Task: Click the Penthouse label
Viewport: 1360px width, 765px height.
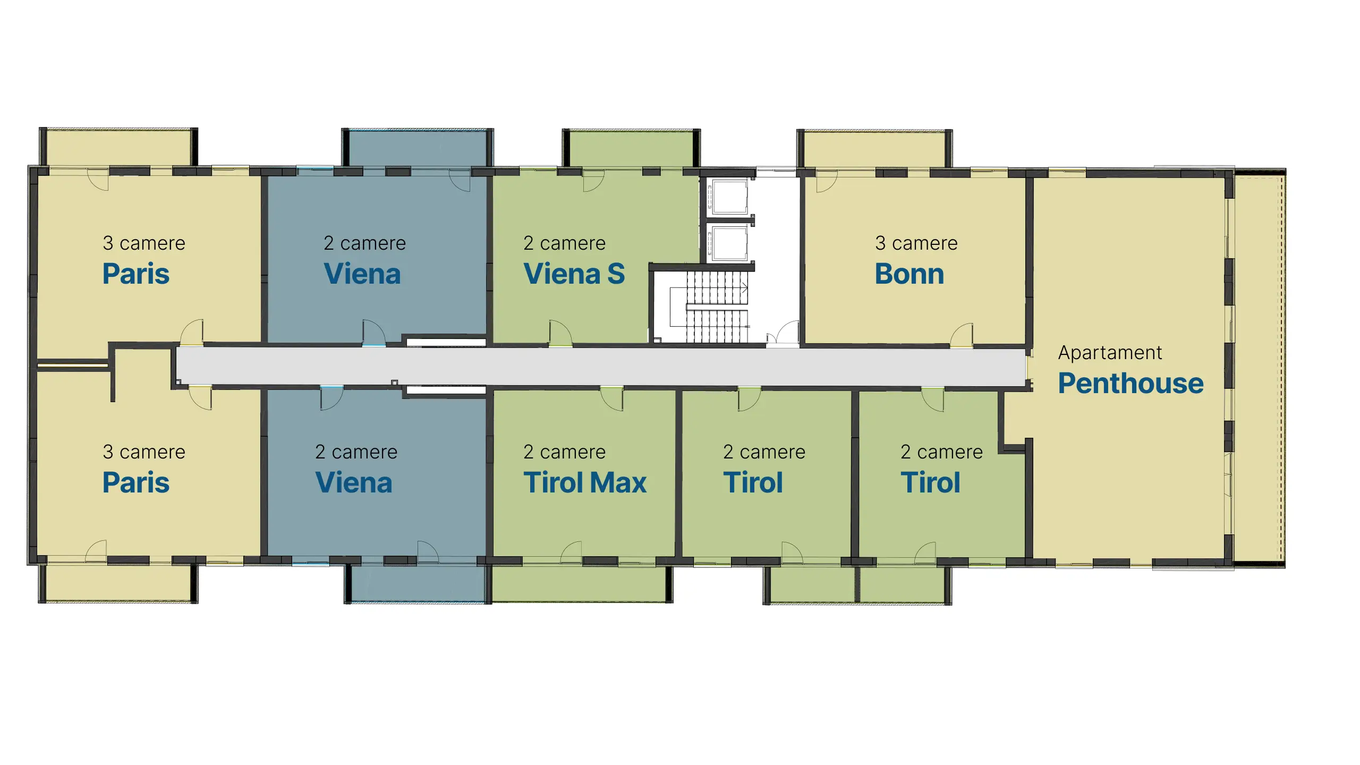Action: pyautogui.click(x=1130, y=384)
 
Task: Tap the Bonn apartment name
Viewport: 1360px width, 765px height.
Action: pyautogui.click(x=909, y=274)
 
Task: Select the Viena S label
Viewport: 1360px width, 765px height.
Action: pyautogui.click(x=574, y=274)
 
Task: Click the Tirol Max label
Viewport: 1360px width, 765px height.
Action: pyautogui.click(x=585, y=483)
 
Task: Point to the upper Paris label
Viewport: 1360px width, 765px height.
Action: pyautogui.click(x=136, y=274)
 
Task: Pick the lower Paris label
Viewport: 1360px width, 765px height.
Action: pyautogui.click(x=136, y=483)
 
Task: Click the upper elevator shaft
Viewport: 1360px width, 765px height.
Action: pyautogui.click(x=730, y=197)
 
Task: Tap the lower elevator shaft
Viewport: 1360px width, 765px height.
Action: pyautogui.click(x=730, y=243)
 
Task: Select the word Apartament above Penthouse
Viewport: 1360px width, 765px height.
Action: pyautogui.click(x=1110, y=353)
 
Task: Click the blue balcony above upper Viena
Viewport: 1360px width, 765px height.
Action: pyautogui.click(x=418, y=149)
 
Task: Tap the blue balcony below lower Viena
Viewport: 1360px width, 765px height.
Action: pyautogui.click(x=418, y=583)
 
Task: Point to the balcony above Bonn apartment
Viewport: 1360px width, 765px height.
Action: pyautogui.click(x=874, y=149)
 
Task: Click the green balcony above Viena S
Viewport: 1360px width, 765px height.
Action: pyautogui.click(x=631, y=149)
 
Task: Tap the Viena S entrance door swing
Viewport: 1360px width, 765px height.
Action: pyautogui.click(x=560, y=333)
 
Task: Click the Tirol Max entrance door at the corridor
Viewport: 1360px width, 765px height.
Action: pyautogui.click(x=611, y=399)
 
